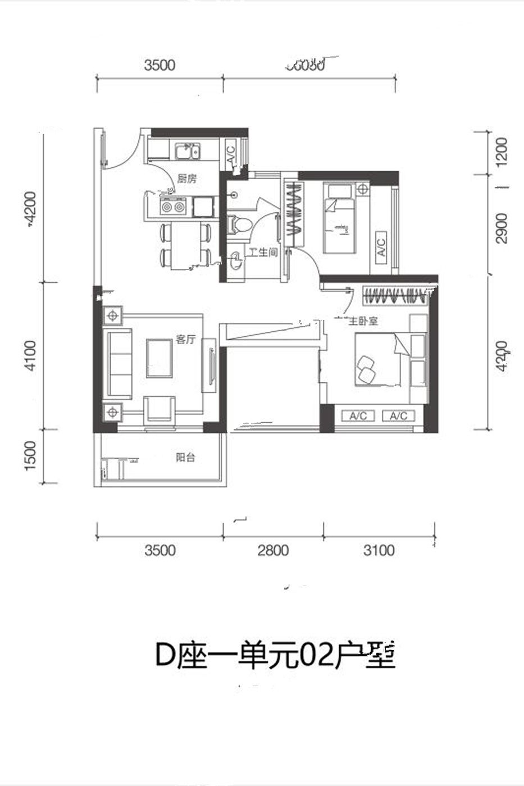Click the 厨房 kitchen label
(187, 179)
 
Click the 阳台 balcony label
(185, 458)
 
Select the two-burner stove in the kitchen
(172, 207)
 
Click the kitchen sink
(188, 152)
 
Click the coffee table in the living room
(160, 357)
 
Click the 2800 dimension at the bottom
(273, 550)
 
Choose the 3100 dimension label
(379, 550)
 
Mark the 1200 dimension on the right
(502, 152)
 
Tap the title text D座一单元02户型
(275, 656)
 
